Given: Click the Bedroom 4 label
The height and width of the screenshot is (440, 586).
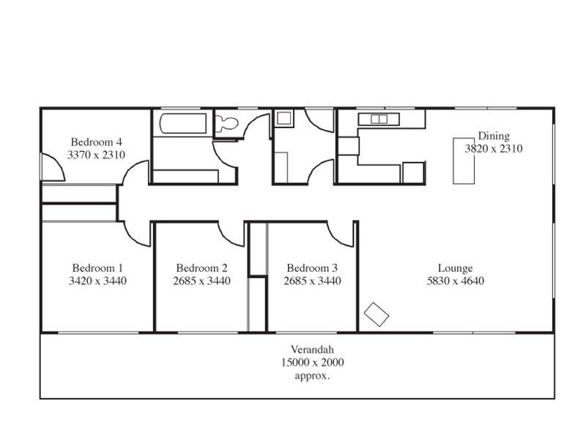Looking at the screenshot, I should tap(97, 142).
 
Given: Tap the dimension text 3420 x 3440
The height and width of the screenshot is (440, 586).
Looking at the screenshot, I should tap(97, 281).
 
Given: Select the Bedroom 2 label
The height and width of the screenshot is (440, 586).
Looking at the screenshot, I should tap(201, 268).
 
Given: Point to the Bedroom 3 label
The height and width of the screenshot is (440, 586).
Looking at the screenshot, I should tap(312, 268).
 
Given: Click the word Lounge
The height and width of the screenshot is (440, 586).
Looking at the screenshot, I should tap(455, 268).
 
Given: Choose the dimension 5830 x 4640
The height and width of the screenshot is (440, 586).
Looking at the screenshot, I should tap(455, 281).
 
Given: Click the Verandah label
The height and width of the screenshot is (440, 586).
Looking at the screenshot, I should tap(313, 350).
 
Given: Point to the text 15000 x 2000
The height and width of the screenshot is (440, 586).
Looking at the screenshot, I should tap(313, 362).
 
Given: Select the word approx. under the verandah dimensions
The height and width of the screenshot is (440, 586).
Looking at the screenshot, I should tap(313, 375).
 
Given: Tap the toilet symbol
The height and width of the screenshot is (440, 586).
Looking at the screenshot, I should tap(226, 124).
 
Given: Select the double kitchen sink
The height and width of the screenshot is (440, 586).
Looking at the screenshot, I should tap(379, 119).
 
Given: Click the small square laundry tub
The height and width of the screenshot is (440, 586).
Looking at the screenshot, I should tap(283, 117).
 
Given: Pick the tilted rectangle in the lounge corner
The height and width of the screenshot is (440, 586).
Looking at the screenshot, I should tap(377, 313).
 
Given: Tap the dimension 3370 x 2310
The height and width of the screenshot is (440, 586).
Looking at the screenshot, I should tap(97, 155).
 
